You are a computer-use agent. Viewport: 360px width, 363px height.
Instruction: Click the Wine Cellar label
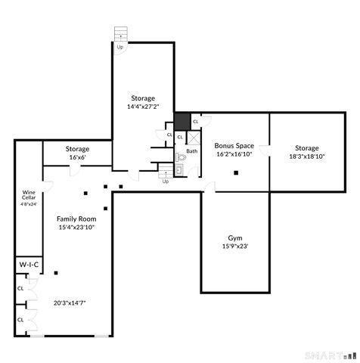(x=29, y=195)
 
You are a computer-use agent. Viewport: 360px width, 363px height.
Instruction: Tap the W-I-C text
(x=28, y=265)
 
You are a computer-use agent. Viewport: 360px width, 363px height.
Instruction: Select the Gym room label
(x=234, y=237)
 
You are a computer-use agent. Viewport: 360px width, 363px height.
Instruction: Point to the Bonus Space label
(x=234, y=145)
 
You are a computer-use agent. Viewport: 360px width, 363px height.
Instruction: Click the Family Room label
(x=76, y=218)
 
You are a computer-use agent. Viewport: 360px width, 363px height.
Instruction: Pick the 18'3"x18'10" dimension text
(x=306, y=157)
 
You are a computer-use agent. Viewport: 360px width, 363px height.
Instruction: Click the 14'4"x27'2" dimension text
(x=142, y=107)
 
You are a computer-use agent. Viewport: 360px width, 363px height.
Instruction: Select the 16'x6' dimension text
(x=77, y=157)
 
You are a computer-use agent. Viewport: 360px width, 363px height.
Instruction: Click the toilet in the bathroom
(x=181, y=158)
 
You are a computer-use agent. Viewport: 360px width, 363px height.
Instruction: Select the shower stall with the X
(x=193, y=138)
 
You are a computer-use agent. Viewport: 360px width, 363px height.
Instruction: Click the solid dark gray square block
(x=182, y=121)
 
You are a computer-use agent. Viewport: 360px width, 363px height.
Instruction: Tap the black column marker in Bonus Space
(x=237, y=172)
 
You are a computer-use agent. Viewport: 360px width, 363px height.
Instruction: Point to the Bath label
(x=192, y=151)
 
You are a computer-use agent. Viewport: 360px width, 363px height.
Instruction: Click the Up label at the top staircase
(x=119, y=47)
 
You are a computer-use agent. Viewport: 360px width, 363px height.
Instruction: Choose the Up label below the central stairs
(x=166, y=181)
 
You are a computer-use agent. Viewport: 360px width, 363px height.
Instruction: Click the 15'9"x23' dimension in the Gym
(x=234, y=246)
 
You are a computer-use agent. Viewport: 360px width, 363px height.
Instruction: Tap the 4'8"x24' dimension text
(x=29, y=203)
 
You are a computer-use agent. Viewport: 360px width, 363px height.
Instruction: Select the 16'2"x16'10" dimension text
(x=234, y=154)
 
